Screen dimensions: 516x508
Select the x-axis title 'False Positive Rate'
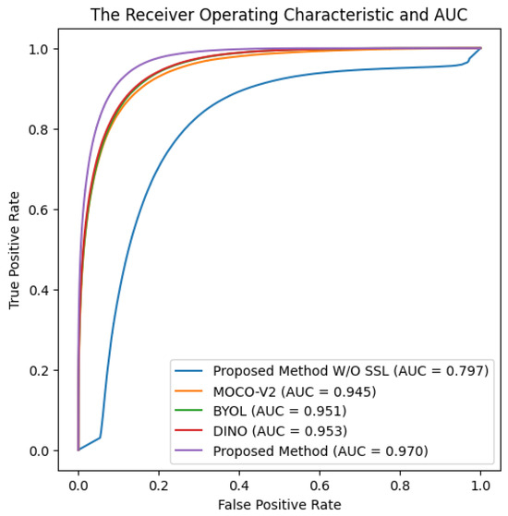coord(279,504)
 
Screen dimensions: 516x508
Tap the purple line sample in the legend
coord(188,450)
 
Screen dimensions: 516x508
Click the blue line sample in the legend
coord(188,372)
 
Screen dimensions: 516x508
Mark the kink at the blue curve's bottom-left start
coord(100,438)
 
